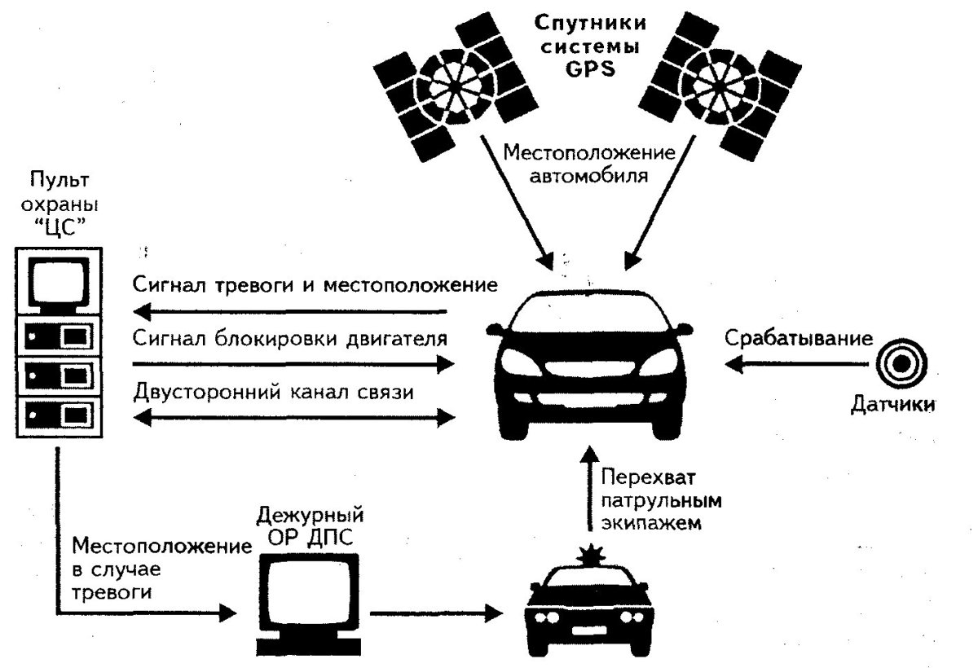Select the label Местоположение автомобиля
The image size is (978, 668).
click(x=578, y=165)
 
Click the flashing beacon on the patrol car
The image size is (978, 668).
click(x=590, y=557)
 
